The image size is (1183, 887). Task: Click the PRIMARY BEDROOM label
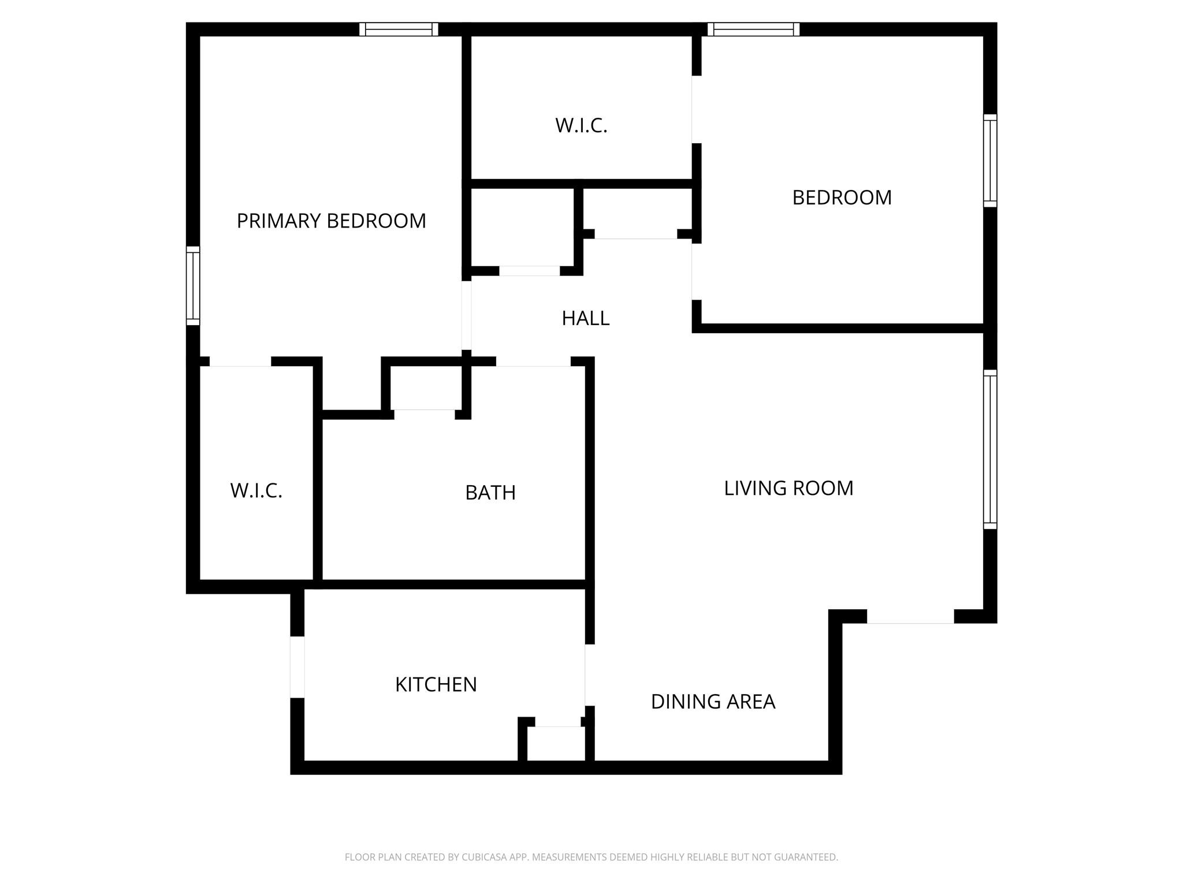point(331,221)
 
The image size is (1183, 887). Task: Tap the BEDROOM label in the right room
point(842,197)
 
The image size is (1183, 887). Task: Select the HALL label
point(585,318)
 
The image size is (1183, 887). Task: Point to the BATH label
point(490,493)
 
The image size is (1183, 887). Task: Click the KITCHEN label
point(436,684)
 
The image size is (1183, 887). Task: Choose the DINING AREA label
point(712,702)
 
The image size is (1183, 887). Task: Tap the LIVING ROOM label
point(788,488)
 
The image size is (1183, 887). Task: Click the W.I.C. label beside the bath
point(256,491)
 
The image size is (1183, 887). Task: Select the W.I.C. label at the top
point(581,125)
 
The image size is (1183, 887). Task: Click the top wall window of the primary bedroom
point(399,29)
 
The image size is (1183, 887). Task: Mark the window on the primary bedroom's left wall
point(193,286)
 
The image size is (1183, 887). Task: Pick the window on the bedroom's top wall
point(753,29)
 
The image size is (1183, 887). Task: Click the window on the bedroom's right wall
point(990,161)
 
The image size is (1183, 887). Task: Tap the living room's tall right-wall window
point(990,449)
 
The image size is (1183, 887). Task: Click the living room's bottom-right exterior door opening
point(910,617)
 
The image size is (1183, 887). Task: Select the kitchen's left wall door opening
point(297,667)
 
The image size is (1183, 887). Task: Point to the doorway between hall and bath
point(533,362)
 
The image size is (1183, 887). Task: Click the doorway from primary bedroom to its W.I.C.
point(240,362)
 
